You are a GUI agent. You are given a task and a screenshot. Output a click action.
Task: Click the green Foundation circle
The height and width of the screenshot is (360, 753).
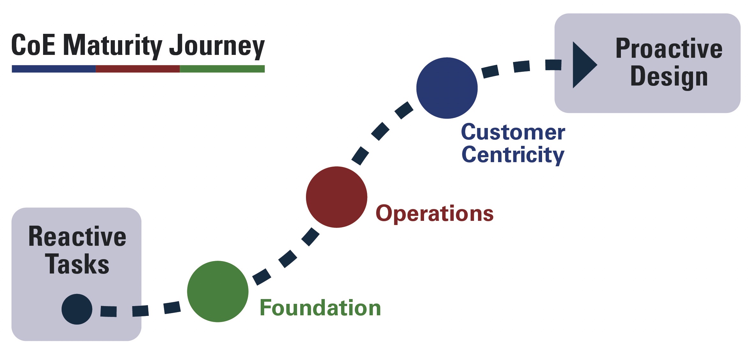pyautogui.click(x=218, y=291)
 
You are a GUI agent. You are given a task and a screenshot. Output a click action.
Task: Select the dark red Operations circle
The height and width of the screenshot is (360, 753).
pyautogui.click(x=337, y=197)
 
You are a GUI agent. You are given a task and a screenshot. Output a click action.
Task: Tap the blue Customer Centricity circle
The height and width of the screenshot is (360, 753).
pyautogui.click(x=447, y=88)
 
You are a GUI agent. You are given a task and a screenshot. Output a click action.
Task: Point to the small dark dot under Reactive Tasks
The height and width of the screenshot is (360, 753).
pyautogui.click(x=77, y=309)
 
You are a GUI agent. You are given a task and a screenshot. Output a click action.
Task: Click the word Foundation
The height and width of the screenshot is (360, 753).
pyautogui.click(x=320, y=308)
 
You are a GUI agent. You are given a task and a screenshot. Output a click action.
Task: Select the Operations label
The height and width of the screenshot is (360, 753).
pyautogui.click(x=435, y=214)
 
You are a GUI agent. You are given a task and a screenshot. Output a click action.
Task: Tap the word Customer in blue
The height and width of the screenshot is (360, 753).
pyautogui.click(x=513, y=132)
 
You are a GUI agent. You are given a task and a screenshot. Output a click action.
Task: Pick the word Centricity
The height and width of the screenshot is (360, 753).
pyautogui.click(x=513, y=155)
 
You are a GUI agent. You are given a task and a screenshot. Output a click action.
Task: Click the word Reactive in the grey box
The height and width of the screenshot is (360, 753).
pyautogui.click(x=77, y=236)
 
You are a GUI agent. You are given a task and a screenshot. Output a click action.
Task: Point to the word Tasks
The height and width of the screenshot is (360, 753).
pyautogui.click(x=77, y=264)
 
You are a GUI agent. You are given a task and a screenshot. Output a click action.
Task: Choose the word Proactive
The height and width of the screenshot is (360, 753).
pyautogui.click(x=669, y=49)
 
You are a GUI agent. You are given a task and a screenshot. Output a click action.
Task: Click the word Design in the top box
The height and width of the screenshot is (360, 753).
pyautogui.click(x=669, y=77)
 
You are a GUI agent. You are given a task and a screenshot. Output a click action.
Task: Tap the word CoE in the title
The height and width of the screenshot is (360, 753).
pyautogui.click(x=33, y=45)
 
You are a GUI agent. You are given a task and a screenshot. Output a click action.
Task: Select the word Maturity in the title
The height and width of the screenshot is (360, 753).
pyautogui.click(x=113, y=45)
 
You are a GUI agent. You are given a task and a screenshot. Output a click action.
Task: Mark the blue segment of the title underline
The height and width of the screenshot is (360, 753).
pyautogui.click(x=54, y=69)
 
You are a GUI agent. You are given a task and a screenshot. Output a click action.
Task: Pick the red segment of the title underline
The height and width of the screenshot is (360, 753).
pyautogui.click(x=138, y=69)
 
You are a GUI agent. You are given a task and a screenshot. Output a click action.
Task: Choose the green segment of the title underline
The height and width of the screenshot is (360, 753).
pyautogui.click(x=222, y=69)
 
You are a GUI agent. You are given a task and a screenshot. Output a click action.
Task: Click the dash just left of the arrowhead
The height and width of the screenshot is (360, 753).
pyautogui.click(x=553, y=65)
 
